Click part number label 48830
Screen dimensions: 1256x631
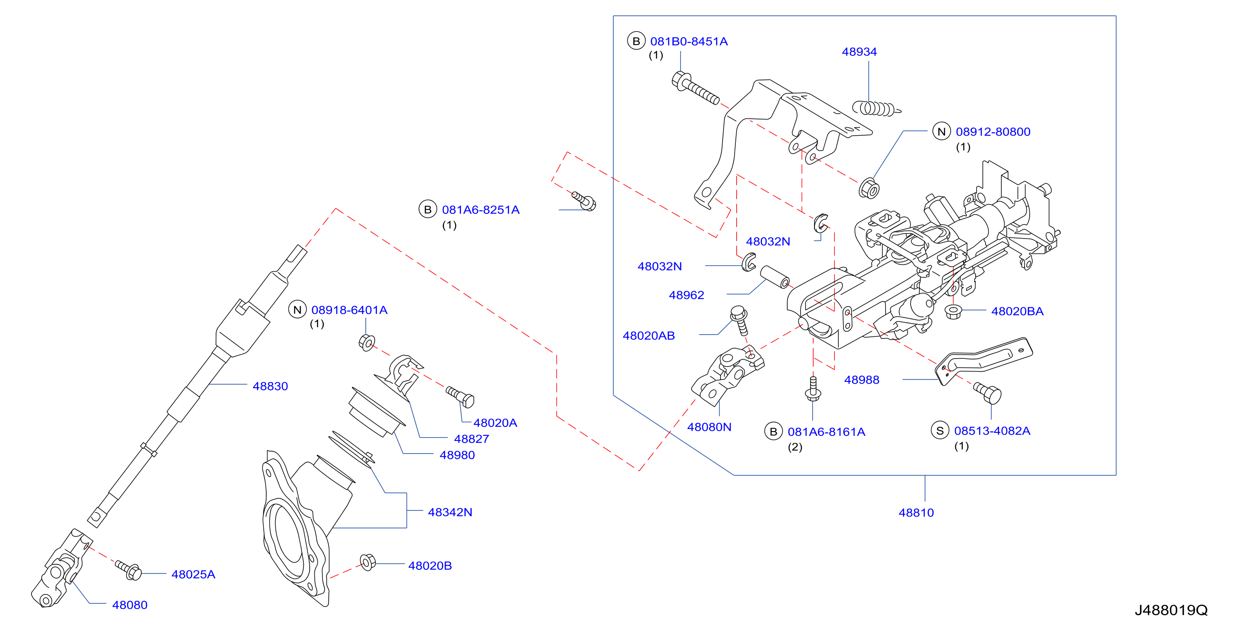(270, 386)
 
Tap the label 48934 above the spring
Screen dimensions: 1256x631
(859, 51)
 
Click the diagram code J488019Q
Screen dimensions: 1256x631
(1171, 610)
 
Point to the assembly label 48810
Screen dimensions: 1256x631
(916, 513)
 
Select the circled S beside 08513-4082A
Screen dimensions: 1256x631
(940, 430)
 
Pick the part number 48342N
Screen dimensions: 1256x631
(450, 512)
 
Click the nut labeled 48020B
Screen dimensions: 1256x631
(367, 562)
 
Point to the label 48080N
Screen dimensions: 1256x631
(709, 427)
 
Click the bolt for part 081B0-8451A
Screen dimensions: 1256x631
(695, 88)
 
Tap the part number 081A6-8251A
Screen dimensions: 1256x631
(481, 210)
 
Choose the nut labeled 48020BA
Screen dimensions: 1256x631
(953, 311)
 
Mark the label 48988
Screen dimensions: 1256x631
(862, 380)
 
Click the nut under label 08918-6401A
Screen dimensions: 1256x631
(367, 343)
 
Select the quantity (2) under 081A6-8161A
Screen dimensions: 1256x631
(795, 447)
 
